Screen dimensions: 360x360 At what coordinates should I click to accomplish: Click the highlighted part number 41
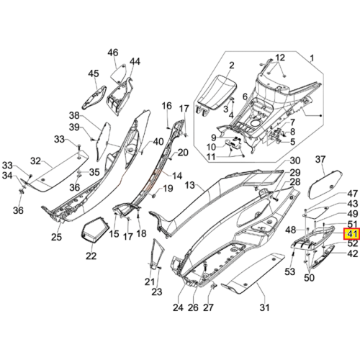(352, 234)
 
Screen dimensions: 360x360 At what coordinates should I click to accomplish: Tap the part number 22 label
(91, 256)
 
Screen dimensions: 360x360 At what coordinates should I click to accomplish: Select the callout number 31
(264, 307)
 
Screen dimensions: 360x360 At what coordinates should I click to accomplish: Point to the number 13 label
(190, 185)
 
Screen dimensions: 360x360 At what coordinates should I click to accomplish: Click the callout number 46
(113, 53)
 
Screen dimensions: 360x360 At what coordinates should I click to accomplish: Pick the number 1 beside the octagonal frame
(312, 58)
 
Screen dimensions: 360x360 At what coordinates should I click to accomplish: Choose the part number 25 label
(56, 237)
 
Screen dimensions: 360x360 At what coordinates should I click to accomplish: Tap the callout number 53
(290, 271)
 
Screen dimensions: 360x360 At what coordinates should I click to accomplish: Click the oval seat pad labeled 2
(216, 93)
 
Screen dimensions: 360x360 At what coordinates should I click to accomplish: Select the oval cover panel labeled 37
(325, 184)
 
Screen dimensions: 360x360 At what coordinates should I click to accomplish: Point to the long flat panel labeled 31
(253, 274)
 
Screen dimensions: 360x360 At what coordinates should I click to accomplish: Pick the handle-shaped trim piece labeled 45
(94, 98)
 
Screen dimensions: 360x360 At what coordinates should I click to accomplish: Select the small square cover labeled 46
(119, 73)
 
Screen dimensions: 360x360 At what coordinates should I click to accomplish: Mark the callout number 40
(158, 142)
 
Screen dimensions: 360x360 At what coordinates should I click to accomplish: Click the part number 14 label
(177, 176)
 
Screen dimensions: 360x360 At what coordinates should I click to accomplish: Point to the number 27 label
(208, 307)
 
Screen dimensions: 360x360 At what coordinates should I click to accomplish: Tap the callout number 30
(295, 161)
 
